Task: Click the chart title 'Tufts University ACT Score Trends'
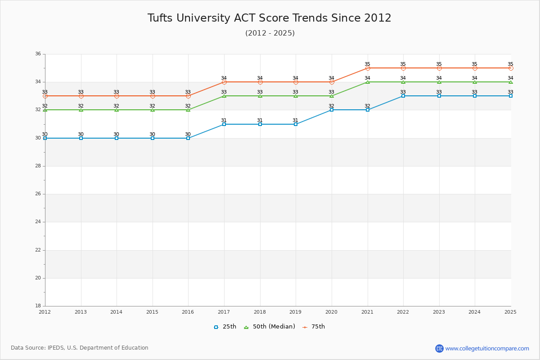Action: [269, 18]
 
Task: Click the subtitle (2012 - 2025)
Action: [270, 33]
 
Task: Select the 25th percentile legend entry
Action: [225, 327]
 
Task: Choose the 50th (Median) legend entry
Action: [269, 327]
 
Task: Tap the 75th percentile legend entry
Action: [314, 327]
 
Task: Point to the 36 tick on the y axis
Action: [38, 54]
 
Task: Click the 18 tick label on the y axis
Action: [38, 306]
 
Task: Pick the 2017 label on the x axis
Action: [224, 312]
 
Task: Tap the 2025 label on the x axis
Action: [510, 312]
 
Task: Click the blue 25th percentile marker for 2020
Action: [332, 110]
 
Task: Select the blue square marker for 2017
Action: [224, 124]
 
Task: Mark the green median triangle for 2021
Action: [368, 82]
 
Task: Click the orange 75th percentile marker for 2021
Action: [368, 68]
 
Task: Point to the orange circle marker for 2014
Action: [117, 96]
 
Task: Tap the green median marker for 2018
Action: [260, 96]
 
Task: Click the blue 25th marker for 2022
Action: [403, 96]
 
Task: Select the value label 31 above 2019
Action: [295, 120]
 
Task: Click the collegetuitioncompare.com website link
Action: [487, 348]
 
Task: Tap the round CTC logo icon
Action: [439, 348]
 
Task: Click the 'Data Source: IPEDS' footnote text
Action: [80, 348]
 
